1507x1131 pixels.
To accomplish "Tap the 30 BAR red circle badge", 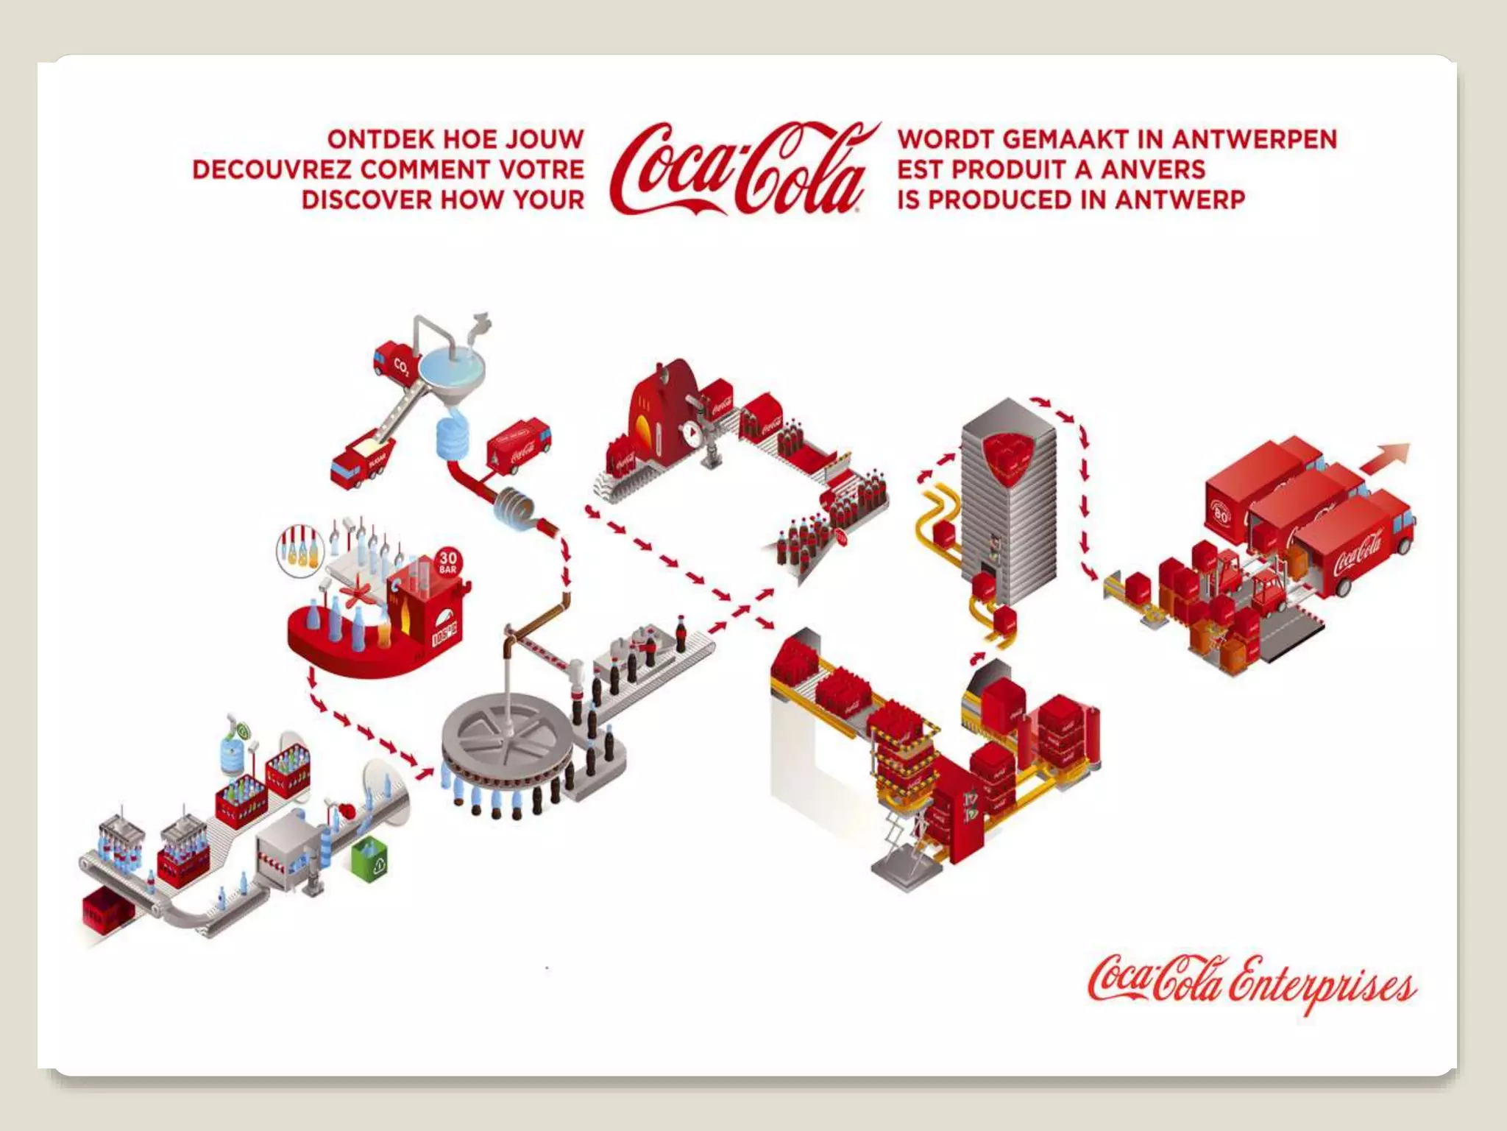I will coord(447,561).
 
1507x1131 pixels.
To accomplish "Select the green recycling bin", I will coord(371,857).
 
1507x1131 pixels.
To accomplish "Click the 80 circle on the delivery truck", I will coord(1221,514).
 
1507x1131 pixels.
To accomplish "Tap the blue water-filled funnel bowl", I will coord(452,368).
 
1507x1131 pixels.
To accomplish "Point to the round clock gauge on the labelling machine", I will coord(692,433).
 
